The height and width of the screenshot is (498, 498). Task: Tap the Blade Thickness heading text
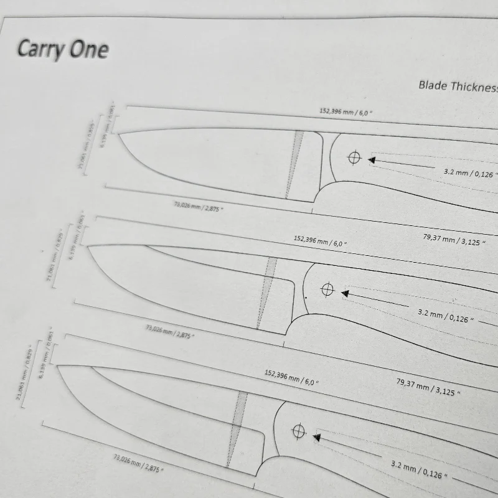[458, 87]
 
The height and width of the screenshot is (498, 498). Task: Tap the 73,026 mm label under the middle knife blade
[169, 330]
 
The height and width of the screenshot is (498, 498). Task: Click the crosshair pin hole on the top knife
[354, 157]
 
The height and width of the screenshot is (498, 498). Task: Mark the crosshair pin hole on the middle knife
[327, 289]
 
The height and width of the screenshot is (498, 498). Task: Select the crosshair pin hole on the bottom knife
[299, 431]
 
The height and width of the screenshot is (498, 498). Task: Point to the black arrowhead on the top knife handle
[372, 160]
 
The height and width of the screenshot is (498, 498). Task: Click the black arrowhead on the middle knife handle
[345, 292]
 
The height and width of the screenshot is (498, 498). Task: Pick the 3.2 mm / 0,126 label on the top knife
[470, 172]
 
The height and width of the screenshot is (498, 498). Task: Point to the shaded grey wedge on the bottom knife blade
[235, 430]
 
